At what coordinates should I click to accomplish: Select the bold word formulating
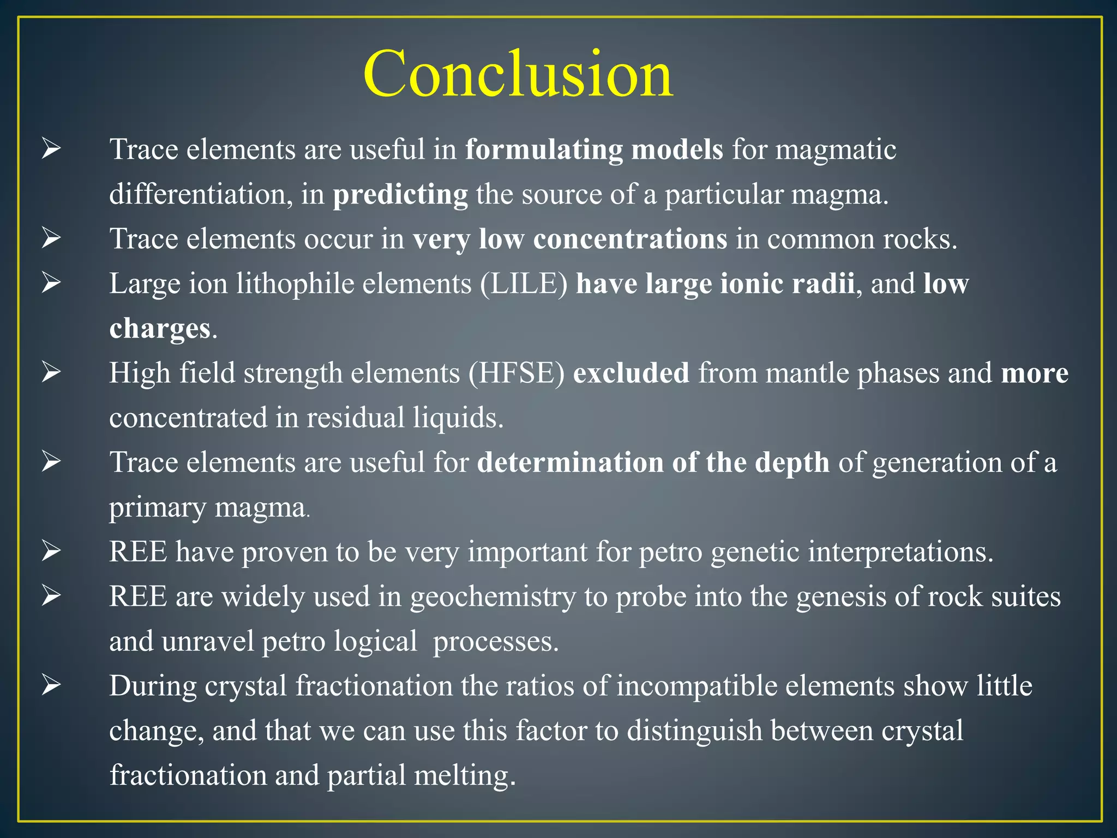click(x=544, y=149)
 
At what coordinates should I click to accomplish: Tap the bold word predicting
click(x=400, y=195)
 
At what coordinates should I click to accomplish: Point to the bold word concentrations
click(x=630, y=239)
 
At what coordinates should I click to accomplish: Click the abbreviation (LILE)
click(x=524, y=284)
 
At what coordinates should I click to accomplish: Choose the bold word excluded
click(x=631, y=373)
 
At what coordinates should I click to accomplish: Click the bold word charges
click(x=160, y=329)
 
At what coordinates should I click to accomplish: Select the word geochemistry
click(x=493, y=596)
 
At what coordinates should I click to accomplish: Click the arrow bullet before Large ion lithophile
click(x=51, y=283)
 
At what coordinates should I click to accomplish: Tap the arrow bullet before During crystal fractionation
click(x=51, y=685)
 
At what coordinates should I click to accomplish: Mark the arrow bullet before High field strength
click(x=51, y=373)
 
